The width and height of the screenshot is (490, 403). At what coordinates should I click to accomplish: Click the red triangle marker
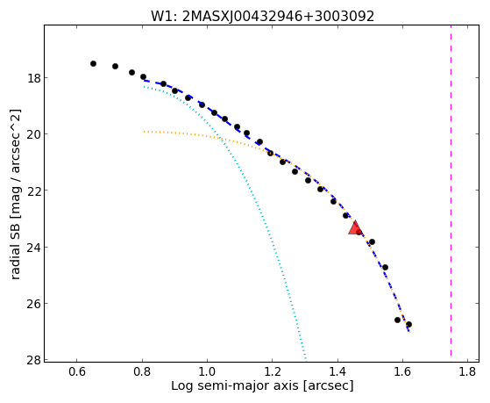pyautogui.click(x=355, y=228)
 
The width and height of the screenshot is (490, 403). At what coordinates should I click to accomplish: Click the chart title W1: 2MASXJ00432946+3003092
pyautogui.click(x=262, y=16)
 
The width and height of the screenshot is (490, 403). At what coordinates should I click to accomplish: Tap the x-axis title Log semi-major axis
pyautogui.click(x=262, y=385)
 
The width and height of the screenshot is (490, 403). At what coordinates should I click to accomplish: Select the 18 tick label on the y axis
pyautogui.click(x=34, y=77)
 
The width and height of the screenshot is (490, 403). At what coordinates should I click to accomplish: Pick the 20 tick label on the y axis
pyautogui.click(x=34, y=134)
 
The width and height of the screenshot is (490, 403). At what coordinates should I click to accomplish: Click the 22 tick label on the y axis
pyautogui.click(x=34, y=191)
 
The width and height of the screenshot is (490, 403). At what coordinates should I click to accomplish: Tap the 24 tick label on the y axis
pyautogui.click(x=34, y=247)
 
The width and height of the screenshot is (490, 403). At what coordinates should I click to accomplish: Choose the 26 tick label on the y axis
pyautogui.click(x=34, y=304)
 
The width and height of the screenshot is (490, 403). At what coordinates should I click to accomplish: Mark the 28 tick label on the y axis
pyautogui.click(x=34, y=360)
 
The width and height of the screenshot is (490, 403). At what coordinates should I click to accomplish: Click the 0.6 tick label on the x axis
pyautogui.click(x=77, y=371)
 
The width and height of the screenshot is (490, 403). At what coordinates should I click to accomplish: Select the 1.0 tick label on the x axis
pyautogui.click(x=207, y=371)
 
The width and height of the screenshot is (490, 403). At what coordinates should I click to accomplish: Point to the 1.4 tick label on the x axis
pyautogui.click(x=337, y=371)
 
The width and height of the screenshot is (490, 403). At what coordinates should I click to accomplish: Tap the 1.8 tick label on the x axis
pyautogui.click(x=468, y=371)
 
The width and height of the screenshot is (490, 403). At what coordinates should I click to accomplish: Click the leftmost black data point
pyautogui.click(x=93, y=63)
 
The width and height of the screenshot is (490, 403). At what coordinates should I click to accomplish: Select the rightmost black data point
pyautogui.click(x=408, y=324)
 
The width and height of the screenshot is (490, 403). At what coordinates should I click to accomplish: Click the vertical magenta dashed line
pyautogui.click(x=451, y=191)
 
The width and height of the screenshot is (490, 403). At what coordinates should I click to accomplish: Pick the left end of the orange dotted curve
pyautogui.click(x=144, y=132)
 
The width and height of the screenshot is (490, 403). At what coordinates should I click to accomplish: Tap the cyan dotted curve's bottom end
pyautogui.click(x=306, y=359)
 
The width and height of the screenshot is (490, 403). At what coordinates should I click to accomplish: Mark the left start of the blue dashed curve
pyautogui.click(x=144, y=81)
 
